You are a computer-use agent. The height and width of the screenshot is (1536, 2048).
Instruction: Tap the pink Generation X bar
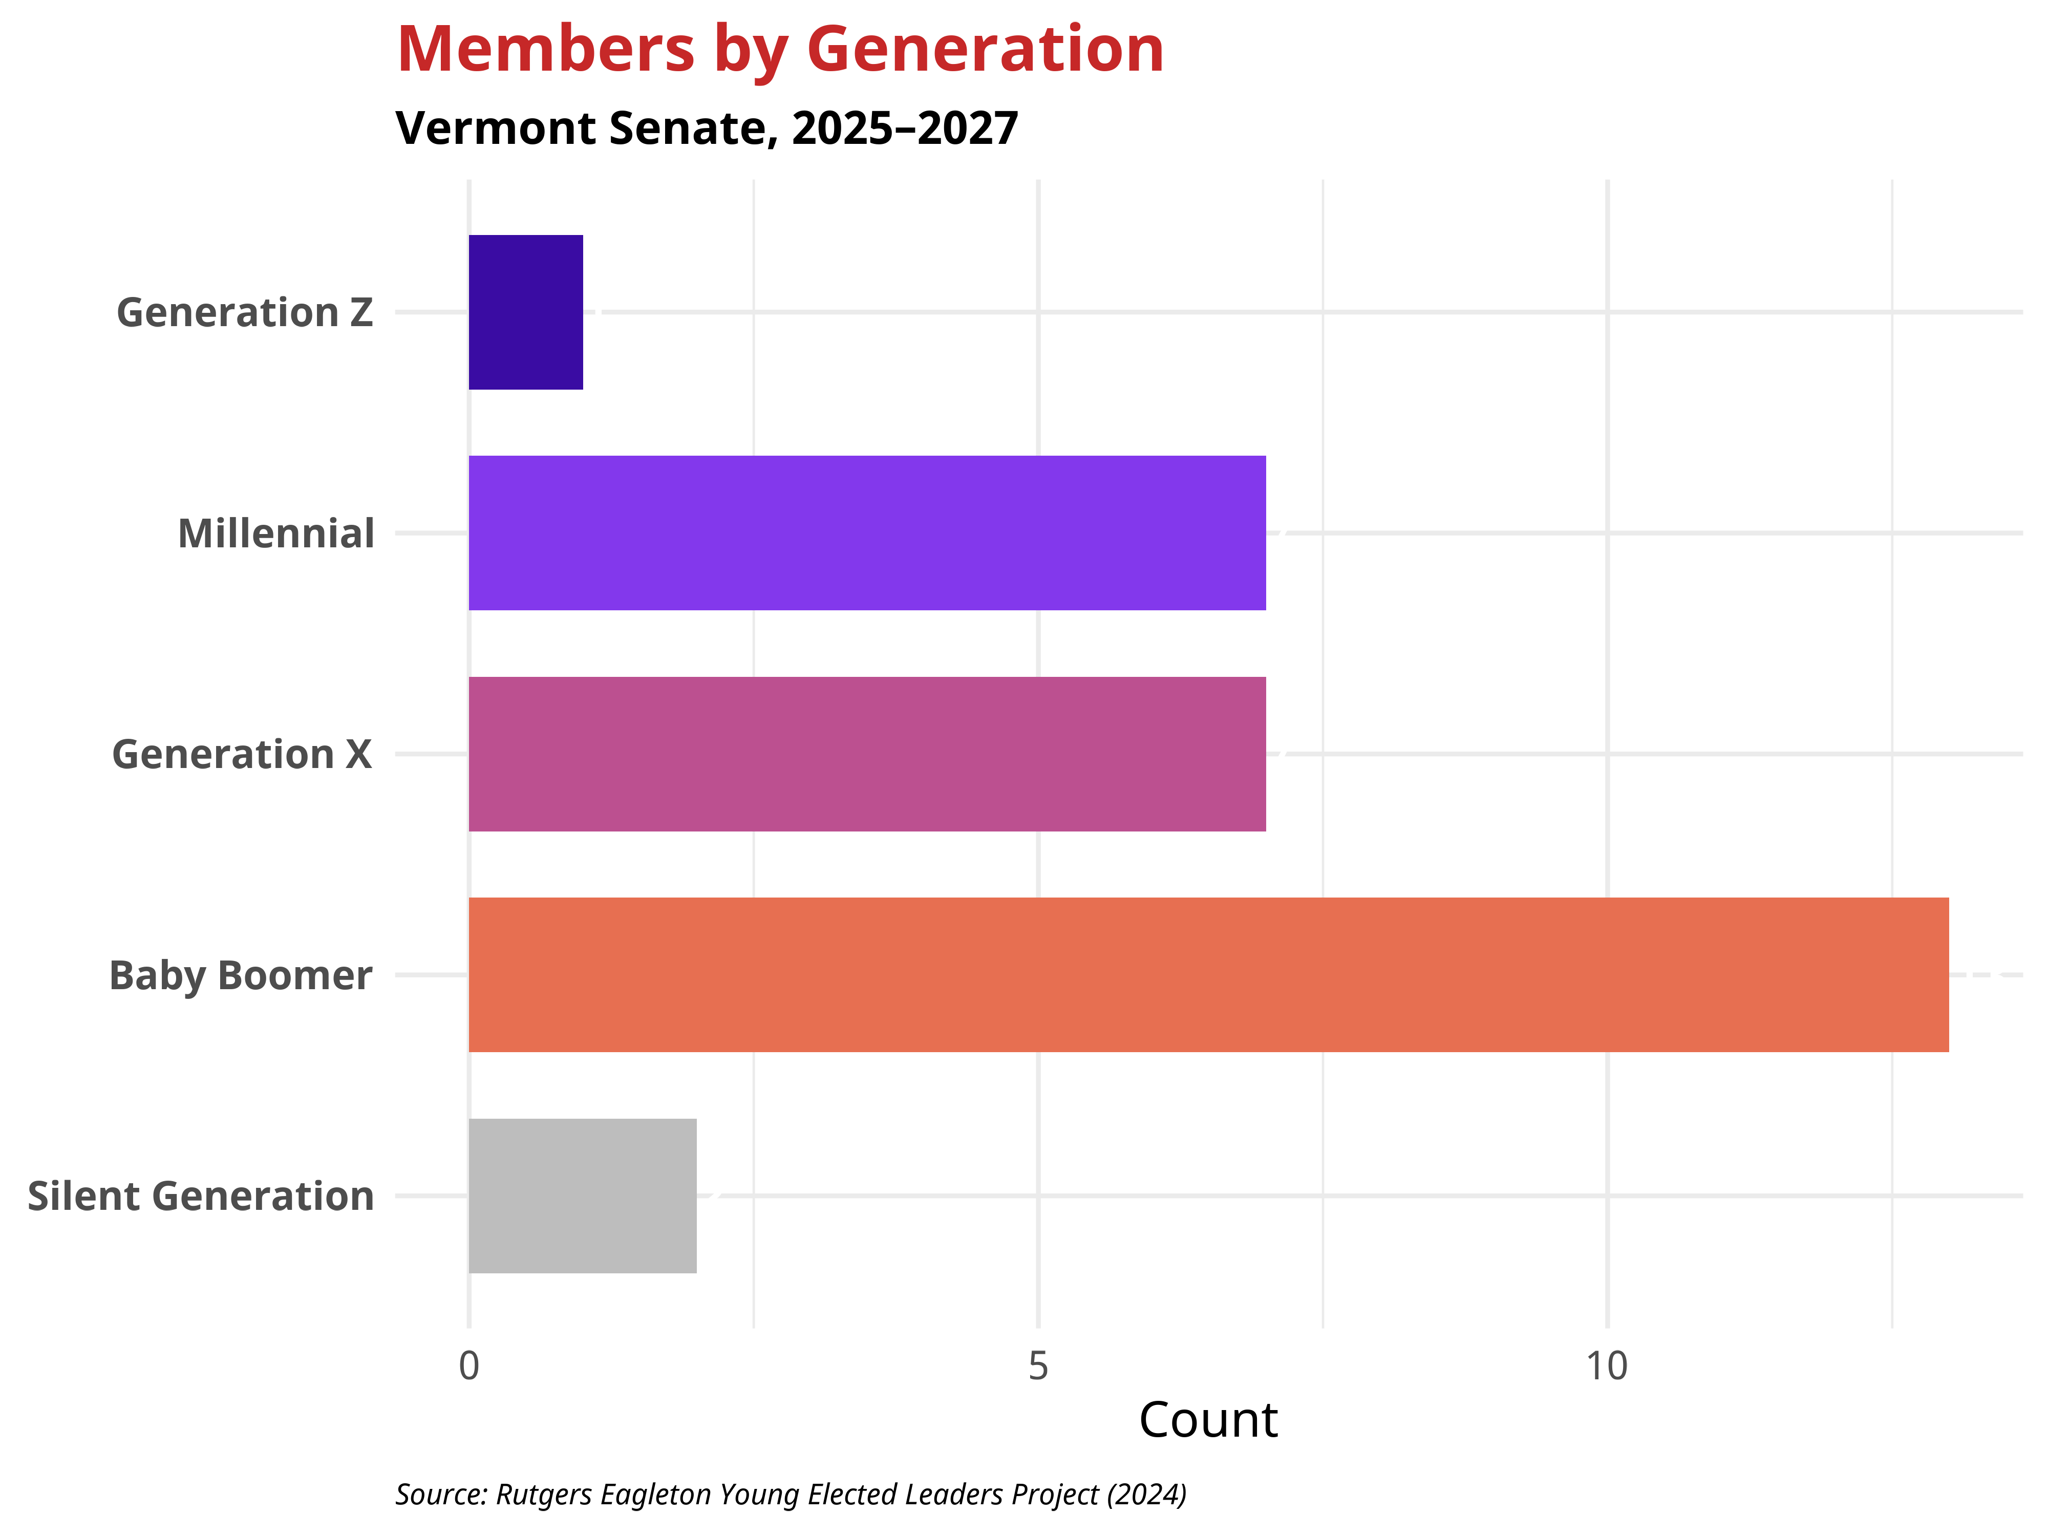tap(867, 754)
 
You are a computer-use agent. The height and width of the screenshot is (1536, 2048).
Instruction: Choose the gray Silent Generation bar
tap(582, 1196)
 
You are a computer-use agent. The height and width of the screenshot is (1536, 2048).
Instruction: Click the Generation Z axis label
tap(244, 313)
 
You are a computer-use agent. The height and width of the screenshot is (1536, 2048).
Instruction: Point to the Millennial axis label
tap(276, 534)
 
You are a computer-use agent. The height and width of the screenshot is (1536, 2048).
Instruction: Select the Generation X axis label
tap(242, 755)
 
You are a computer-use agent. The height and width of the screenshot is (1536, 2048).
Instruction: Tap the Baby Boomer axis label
tap(241, 976)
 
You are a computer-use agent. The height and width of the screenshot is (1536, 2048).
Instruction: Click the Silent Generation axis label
tap(201, 1196)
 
